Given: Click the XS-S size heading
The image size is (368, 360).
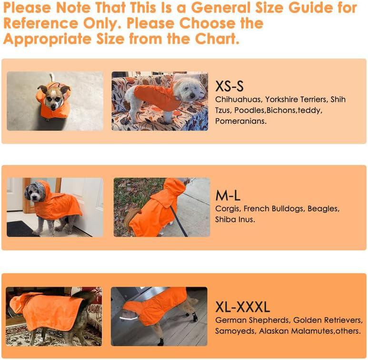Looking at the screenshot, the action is pos(229,86).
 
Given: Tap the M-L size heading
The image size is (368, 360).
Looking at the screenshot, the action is pos(228,195).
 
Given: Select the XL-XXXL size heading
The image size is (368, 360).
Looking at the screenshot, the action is pos(242,307).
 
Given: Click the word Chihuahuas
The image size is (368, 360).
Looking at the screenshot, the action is pos(239,100).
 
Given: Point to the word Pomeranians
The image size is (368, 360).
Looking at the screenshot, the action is pos(241,121).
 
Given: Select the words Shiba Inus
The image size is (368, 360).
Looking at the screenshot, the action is pos(235,220).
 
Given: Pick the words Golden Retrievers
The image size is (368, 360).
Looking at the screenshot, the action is pos(328,320).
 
